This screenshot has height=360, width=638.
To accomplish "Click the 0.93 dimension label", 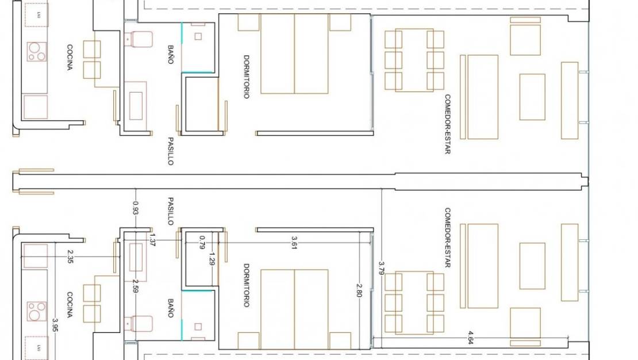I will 136,208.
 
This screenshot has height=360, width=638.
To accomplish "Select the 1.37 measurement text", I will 152,239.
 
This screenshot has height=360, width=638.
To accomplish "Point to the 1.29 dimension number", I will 212,258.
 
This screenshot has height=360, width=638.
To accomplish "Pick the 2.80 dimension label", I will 360,289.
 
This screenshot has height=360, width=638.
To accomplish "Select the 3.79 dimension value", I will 381,269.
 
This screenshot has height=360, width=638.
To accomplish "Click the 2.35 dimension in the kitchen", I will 70,256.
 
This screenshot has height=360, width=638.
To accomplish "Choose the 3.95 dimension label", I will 56,327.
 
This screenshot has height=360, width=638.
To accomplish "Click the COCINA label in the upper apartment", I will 70,57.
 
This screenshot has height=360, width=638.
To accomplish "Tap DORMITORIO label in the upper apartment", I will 246,76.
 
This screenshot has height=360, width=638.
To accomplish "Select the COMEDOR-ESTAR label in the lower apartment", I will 448,238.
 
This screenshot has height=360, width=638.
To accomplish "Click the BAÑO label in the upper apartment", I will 171,55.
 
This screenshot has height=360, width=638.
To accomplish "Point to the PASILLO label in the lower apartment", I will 171,211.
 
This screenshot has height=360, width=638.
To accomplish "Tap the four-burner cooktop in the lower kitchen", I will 37,310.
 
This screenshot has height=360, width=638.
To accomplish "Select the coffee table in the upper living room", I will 532,97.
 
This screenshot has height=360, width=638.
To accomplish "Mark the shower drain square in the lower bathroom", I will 198,327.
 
